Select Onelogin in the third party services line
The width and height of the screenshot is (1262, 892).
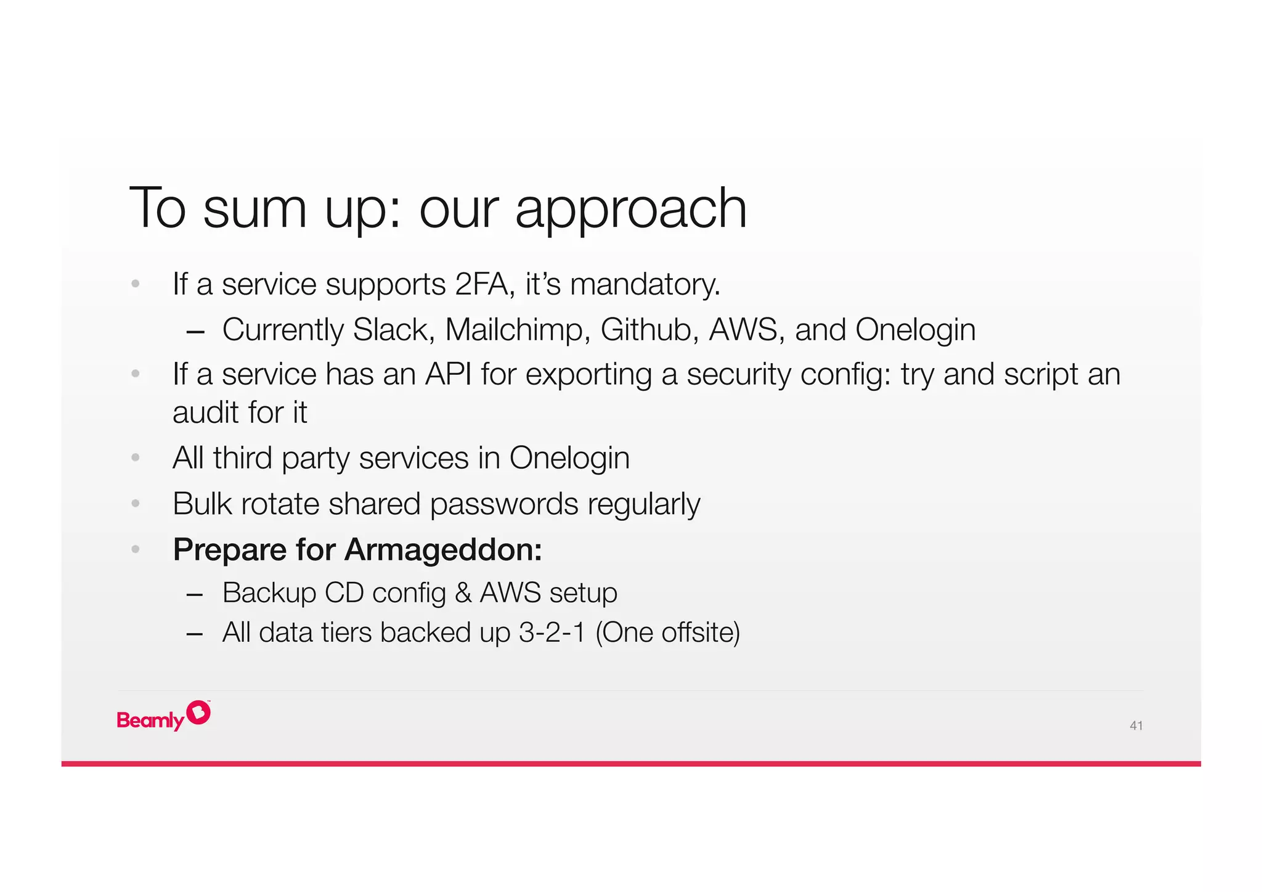point(569,459)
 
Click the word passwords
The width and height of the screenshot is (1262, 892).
point(503,504)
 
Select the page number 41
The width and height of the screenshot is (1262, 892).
point(1136,726)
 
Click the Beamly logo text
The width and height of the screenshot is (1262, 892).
point(150,720)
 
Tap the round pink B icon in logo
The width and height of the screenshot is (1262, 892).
point(198,713)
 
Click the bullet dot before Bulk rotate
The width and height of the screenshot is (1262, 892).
point(136,504)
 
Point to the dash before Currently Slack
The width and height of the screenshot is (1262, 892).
point(195,332)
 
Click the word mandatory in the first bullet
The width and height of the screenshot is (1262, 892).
point(644,285)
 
